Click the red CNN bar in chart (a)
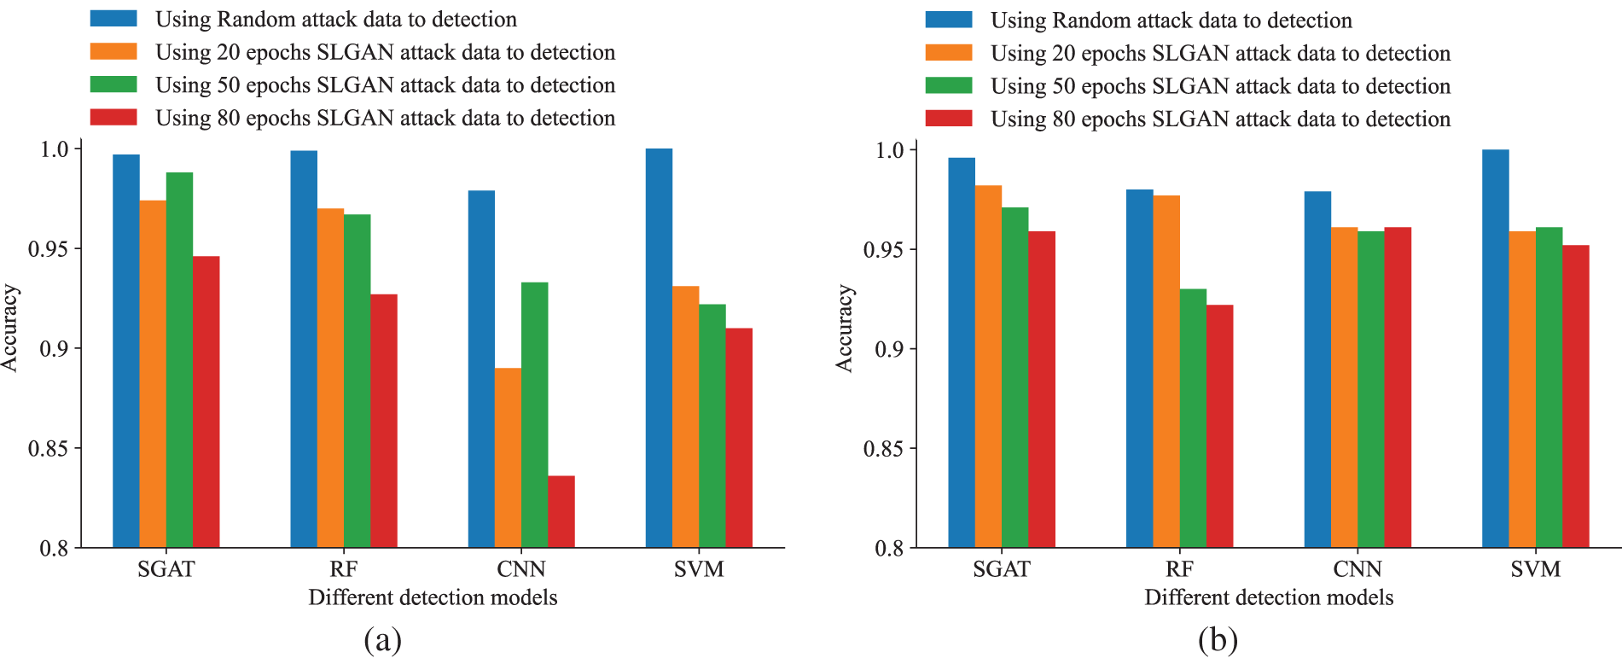pyautogui.click(x=561, y=511)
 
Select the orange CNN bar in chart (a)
pyautogui.click(x=508, y=457)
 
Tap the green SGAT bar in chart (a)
pyautogui.click(x=179, y=359)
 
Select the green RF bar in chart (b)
pyautogui.click(x=1193, y=418)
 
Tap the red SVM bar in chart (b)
pyautogui.click(x=1575, y=396)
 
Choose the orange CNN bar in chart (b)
pyautogui.click(x=1344, y=387)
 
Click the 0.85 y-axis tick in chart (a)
pyautogui.click(x=49, y=449)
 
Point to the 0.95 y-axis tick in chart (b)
pyautogui.click(x=884, y=250)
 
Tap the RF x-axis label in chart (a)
pyautogui.click(x=343, y=569)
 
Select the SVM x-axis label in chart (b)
pyautogui.click(x=1535, y=569)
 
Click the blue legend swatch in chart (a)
pyautogui.click(x=113, y=19)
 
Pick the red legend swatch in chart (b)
pyautogui.click(x=949, y=119)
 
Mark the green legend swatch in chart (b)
pyautogui.click(x=949, y=85)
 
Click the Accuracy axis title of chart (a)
pyautogui.click(x=10, y=329)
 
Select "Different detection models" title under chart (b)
pyautogui.click(x=1268, y=597)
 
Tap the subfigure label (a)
pyautogui.click(x=381, y=639)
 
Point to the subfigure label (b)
pyautogui.click(x=1217, y=639)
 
